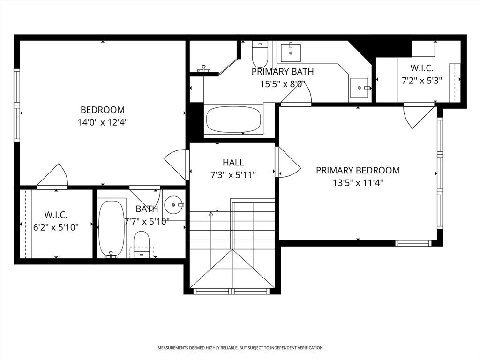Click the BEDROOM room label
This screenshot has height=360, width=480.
[x=103, y=110]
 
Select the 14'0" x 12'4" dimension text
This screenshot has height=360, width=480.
[x=103, y=122]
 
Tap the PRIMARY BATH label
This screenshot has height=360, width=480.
[x=283, y=72]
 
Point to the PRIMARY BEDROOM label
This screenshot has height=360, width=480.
[x=358, y=170]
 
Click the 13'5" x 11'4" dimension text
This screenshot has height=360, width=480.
[x=358, y=183]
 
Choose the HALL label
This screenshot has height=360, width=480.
[x=233, y=162]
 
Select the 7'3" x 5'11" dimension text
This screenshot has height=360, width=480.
[x=233, y=175]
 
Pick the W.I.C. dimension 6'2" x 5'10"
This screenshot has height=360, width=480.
[x=56, y=227]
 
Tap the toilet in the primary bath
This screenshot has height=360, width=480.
[x=260, y=55]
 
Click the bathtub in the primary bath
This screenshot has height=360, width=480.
[x=233, y=120]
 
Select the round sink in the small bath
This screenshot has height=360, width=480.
[x=174, y=204]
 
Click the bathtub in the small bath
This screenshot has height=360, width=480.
[x=112, y=228]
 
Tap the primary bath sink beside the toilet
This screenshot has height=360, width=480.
[x=291, y=52]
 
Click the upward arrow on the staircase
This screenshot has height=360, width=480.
[x=211, y=214]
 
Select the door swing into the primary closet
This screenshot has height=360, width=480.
[x=418, y=116]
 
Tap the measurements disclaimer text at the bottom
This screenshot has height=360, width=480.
[x=240, y=348]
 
